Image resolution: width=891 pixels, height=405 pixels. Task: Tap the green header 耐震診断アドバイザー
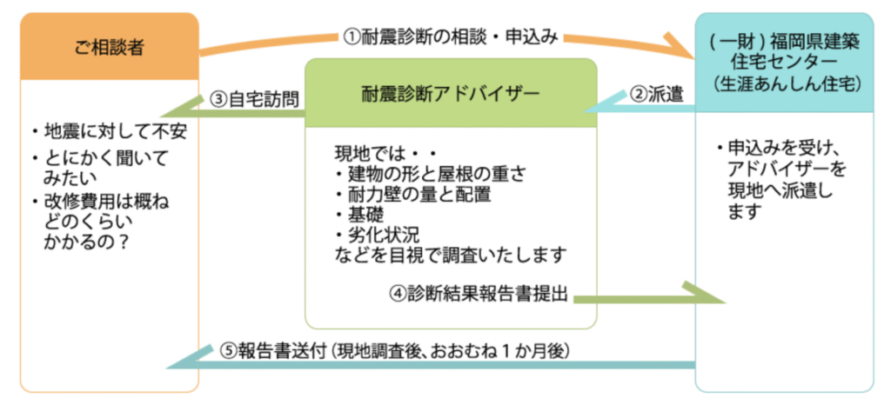(x=451, y=91)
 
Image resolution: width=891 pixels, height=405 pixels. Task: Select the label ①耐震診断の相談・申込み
(x=449, y=37)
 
